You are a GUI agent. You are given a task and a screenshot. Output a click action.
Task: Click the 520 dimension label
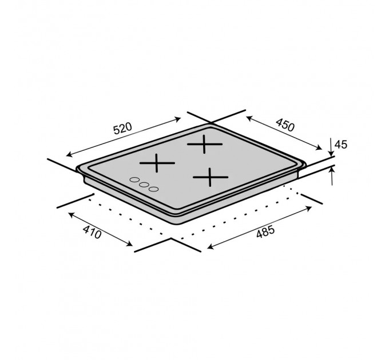tap(122, 129)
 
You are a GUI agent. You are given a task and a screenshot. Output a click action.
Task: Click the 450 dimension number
tap(285, 125)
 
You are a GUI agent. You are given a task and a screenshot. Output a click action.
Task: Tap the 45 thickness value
tap(341, 145)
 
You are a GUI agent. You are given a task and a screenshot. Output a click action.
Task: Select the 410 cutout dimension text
tap(92, 233)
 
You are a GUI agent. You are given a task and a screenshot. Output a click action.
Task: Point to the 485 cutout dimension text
tap(265, 231)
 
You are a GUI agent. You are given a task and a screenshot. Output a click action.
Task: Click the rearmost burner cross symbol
tap(204, 144)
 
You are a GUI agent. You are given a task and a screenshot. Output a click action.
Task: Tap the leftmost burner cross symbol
tap(157, 163)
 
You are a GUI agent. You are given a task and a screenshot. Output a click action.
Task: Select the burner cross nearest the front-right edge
tap(211, 177)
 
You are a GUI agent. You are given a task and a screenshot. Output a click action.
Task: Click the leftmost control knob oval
tap(134, 179)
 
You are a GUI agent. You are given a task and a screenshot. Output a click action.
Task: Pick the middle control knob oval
tap(144, 185)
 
